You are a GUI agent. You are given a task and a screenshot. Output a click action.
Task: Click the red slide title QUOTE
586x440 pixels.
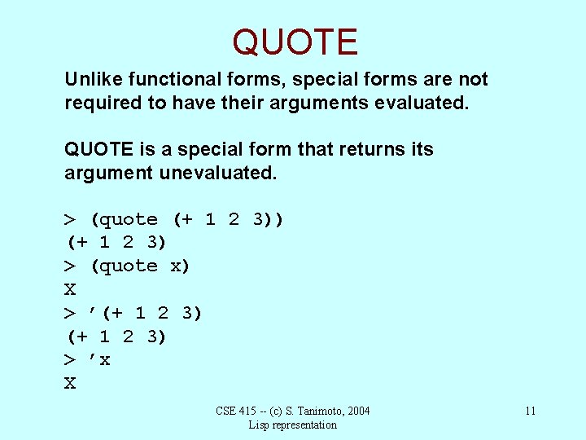pyautogui.click(x=295, y=42)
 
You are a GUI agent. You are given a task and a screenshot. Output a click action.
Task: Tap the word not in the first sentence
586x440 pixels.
pyautogui.click(x=473, y=79)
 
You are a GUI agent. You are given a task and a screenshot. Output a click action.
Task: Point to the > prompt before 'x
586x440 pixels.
pyautogui.click(x=70, y=360)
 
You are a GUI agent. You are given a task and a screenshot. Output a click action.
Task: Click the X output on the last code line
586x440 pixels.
pyautogui.click(x=70, y=383)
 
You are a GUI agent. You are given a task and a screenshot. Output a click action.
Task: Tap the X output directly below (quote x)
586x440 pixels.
pyautogui.click(x=70, y=289)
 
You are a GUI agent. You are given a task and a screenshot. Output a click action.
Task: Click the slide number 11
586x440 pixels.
pyautogui.click(x=530, y=411)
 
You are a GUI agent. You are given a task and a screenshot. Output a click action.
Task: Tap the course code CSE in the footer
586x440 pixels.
pyautogui.click(x=226, y=411)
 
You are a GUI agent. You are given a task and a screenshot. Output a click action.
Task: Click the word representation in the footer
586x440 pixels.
pyautogui.click(x=305, y=425)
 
